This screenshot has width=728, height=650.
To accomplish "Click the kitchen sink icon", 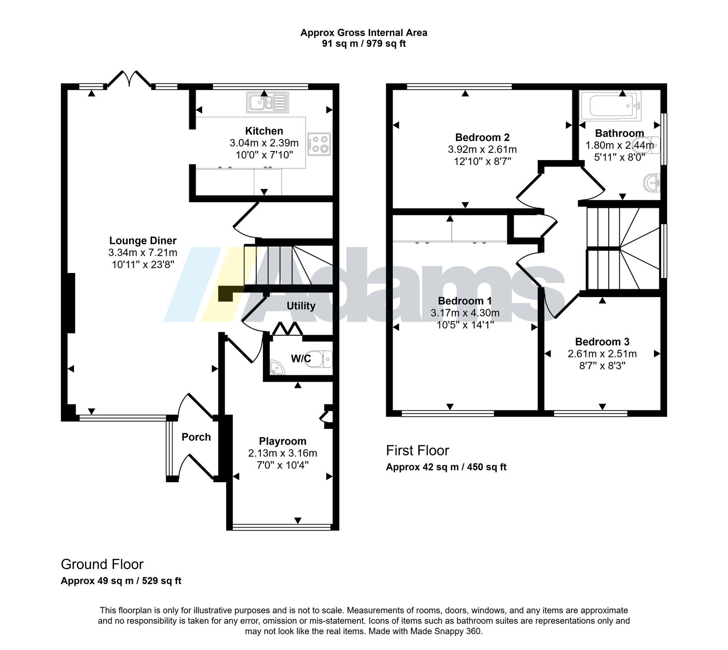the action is (268, 102).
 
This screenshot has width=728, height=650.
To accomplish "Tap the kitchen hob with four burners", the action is (319, 144).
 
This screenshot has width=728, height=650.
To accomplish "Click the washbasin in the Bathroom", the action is (652, 183).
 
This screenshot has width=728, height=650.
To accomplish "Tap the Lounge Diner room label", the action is (143, 241).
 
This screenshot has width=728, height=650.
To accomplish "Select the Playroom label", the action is (283, 441).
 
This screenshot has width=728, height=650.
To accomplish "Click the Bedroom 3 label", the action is (602, 342).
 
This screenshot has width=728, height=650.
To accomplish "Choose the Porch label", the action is (196, 437).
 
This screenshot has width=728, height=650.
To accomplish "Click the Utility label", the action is (301, 306).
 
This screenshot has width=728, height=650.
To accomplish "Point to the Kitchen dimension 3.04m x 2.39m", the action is (264, 143).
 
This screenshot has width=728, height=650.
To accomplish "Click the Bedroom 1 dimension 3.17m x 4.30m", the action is (465, 313).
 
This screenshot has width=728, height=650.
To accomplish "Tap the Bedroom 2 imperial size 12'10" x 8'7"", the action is (482, 161).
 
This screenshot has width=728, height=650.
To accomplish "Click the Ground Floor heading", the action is (102, 564).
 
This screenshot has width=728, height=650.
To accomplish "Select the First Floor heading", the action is (417, 450).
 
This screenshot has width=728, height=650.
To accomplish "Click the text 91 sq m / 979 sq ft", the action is (364, 44).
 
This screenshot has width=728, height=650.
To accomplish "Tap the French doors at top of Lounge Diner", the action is (129, 78).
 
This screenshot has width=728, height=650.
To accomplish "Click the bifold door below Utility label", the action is (287, 329).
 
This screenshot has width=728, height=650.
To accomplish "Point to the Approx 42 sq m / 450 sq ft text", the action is (446, 467).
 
